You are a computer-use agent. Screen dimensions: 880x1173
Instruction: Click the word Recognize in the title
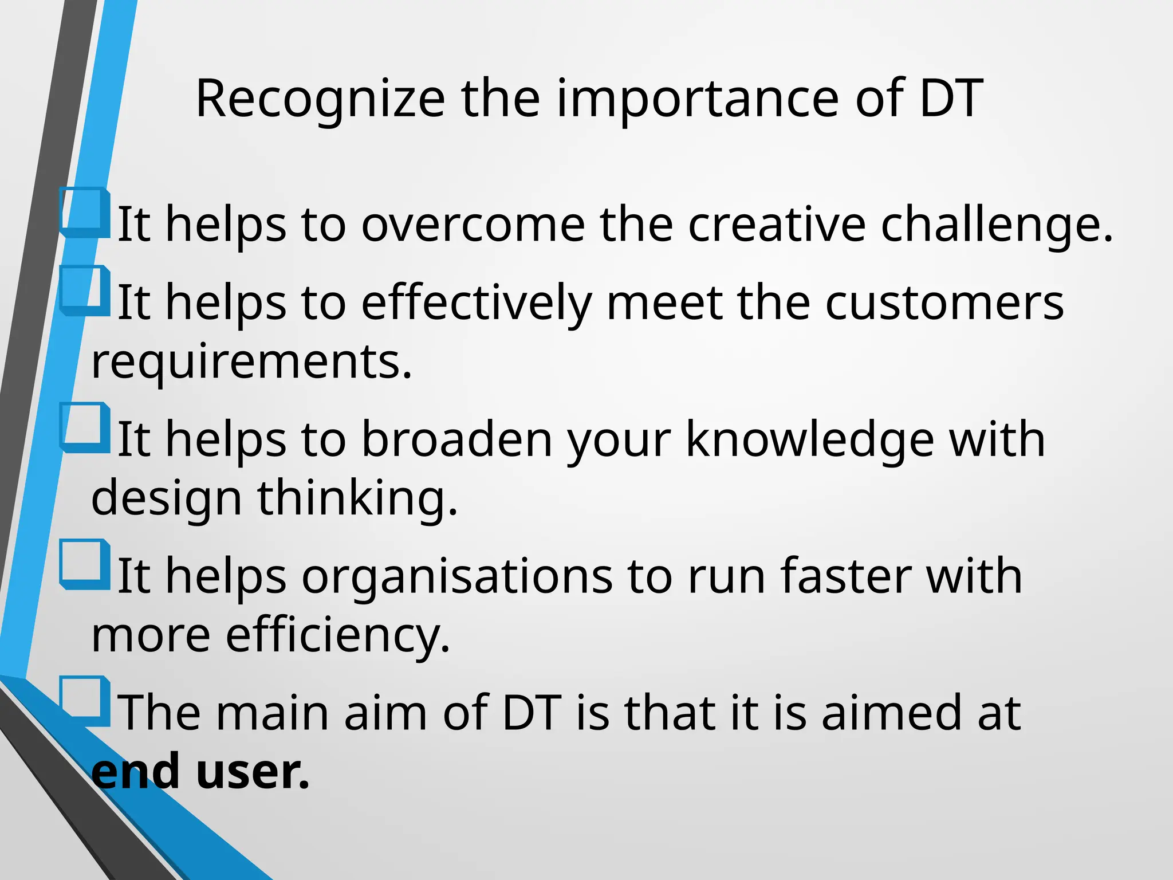point(320,99)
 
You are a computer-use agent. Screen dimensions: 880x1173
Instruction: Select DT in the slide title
point(951,99)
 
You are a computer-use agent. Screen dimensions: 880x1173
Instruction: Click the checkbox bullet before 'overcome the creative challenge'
point(85,212)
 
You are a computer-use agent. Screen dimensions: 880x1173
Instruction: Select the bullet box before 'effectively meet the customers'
point(85,290)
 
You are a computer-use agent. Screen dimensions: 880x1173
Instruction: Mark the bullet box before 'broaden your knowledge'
point(85,427)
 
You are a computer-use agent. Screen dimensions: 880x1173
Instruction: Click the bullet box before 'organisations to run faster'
point(85,564)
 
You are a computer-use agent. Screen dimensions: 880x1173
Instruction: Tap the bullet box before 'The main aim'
point(85,701)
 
